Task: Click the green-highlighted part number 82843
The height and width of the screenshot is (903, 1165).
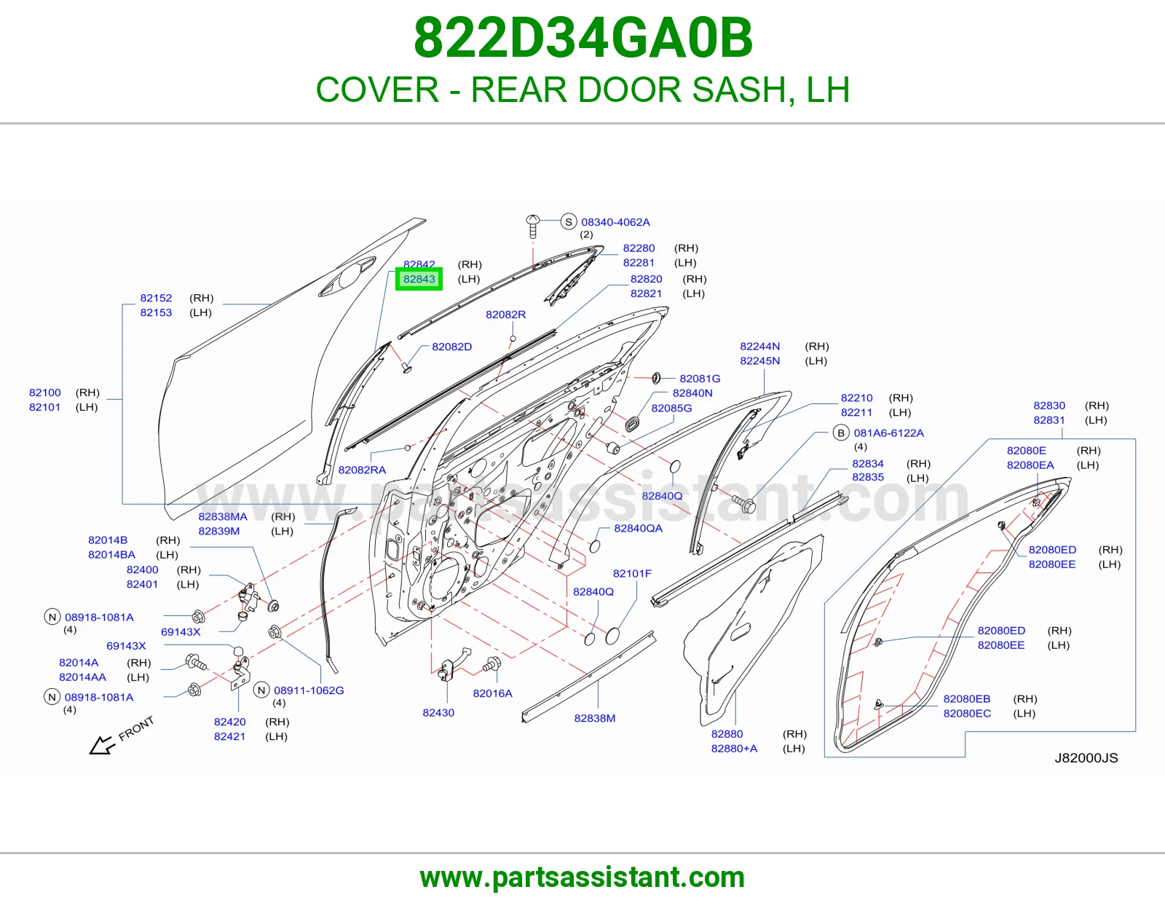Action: [x=419, y=279]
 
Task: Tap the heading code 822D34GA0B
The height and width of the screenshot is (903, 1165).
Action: [x=583, y=38]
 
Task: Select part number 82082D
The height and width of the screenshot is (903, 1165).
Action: [x=452, y=347]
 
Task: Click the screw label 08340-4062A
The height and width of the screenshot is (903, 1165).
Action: [x=615, y=222]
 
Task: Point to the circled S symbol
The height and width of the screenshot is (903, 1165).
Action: [x=568, y=221]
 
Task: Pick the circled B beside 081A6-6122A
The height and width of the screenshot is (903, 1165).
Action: [x=841, y=433]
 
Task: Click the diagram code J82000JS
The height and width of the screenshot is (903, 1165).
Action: [x=1086, y=757]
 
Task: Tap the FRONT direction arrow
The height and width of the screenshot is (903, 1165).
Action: [x=102, y=744]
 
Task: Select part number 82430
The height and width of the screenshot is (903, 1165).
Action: [x=438, y=713]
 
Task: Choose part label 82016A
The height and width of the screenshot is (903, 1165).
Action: [x=492, y=693]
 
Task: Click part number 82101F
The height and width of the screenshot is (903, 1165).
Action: [x=632, y=573]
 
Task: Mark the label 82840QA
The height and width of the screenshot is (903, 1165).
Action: [x=638, y=528]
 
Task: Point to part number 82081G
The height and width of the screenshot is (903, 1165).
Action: [x=700, y=379]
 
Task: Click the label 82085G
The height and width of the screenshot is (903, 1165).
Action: [x=671, y=408]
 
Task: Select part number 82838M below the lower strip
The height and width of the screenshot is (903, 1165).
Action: [x=595, y=718]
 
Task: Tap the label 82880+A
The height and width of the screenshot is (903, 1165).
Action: [x=734, y=749]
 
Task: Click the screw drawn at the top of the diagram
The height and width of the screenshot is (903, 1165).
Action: [x=532, y=226]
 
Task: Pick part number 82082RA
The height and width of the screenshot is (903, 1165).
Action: [x=362, y=470]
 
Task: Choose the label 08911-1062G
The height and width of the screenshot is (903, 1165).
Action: [x=309, y=690]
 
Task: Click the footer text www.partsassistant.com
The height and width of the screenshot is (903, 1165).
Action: [x=582, y=878]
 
